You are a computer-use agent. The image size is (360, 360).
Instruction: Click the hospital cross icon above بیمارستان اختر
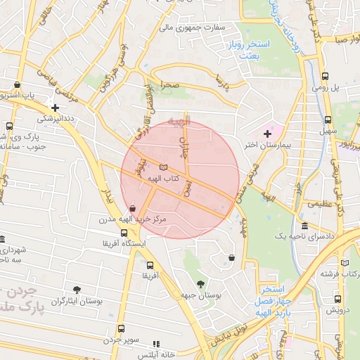pos(267,134)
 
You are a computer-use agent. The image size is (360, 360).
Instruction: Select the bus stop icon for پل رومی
pos(325,77)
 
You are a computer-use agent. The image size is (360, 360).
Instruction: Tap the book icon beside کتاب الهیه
pos(164,167)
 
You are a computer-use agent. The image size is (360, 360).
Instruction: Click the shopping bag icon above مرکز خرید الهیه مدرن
pos(133,208)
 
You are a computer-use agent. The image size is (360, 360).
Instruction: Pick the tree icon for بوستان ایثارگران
pos(77,289)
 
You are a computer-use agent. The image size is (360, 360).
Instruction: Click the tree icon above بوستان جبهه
pos(201,284)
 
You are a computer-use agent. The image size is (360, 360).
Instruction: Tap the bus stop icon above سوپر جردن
pos(122,328)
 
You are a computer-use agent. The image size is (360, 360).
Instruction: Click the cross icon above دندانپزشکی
pos(55,108)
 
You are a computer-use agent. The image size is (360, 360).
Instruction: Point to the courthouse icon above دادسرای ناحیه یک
pos(304,226)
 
